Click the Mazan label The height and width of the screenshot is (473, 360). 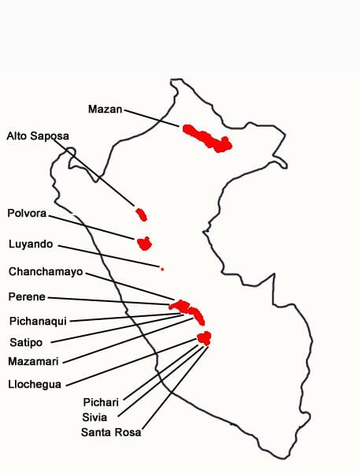pyautogui.click(x=105, y=109)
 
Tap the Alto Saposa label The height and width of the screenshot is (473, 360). pyautogui.click(x=38, y=136)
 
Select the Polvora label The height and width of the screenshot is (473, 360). pyautogui.click(x=27, y=213)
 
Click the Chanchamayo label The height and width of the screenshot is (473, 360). pyautogui.click(x=46, y=271)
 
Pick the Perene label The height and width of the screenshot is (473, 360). pyautogui.click(x=27, y=296)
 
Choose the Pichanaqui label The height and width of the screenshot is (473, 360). pyautogui.click(x=38, y=320)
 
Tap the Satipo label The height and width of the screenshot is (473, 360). pyautogui.click(x=26, y=342)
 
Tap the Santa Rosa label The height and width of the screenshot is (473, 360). pyautogui.click(x=111, y=431)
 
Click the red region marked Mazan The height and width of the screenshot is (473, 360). pyautogui.click(x=207, y=138)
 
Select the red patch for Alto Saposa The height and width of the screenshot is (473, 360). pyautogui.click(x=142, y=214)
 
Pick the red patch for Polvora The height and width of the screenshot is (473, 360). pyautogui.click(x=144, y=243)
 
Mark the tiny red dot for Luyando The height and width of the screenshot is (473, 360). pyautogui.click(x=161, y=270)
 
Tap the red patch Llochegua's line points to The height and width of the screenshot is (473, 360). pyautogui.click(x=204, y=338)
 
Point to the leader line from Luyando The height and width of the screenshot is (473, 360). pyautogui.click(x=110, y=257)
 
